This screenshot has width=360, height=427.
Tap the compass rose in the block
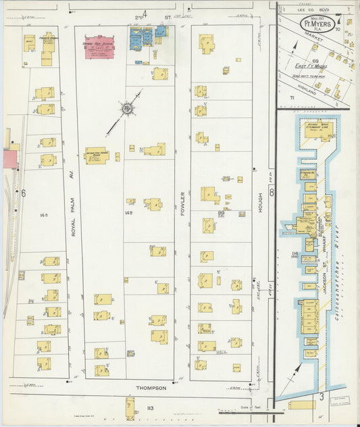(x=126, y=108)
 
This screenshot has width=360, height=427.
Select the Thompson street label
(x=151, y=388)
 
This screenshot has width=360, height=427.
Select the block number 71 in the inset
(x=292, y=99)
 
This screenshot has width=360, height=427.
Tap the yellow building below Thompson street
(x=130, y=407)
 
